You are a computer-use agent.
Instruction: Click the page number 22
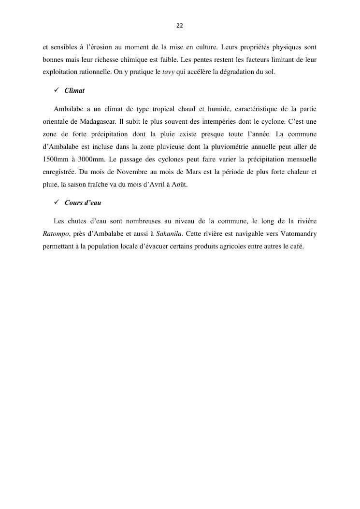[180, 25]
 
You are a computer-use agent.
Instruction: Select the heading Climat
[74, 91]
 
